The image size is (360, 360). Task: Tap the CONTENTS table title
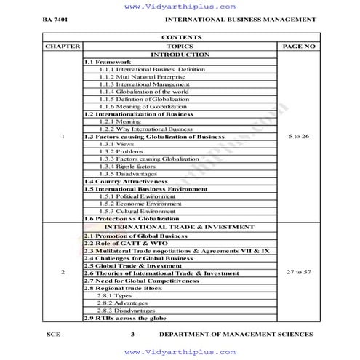[180, 37]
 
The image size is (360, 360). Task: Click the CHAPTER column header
[63, 46]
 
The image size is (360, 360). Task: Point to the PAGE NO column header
[298, 46]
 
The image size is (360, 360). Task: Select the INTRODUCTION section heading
[180, 55]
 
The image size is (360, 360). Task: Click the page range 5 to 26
[299, 136]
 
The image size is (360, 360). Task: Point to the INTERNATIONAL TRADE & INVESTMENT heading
[180, 227]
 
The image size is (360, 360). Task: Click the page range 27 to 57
[299, 271]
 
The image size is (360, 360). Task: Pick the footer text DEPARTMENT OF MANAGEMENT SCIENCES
[237, 335]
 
